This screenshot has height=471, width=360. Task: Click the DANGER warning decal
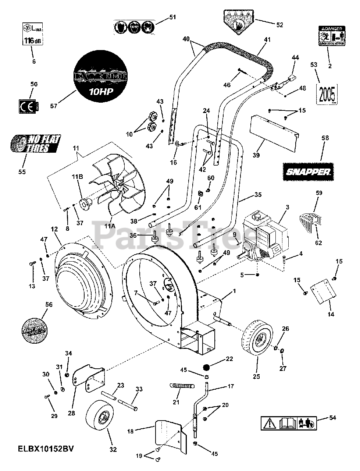point(331,37)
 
